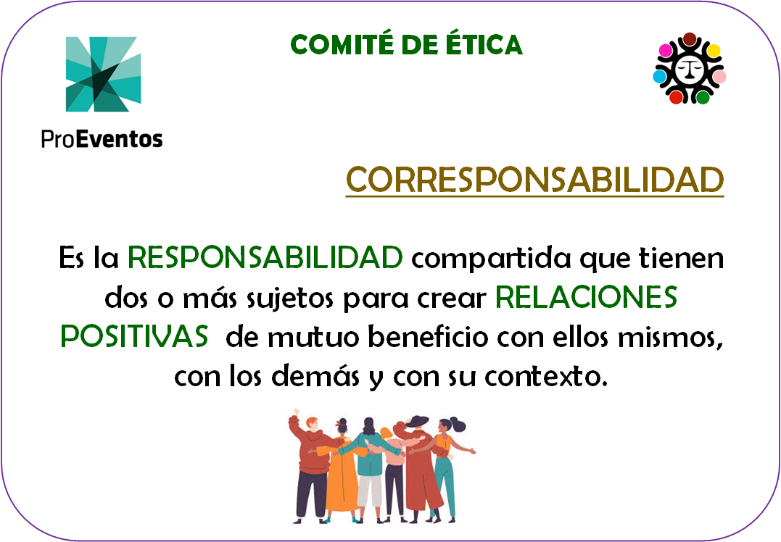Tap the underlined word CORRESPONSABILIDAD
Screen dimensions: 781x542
(535, 180)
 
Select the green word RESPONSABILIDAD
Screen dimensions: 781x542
(265, 257)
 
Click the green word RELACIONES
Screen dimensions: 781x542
(586, 296)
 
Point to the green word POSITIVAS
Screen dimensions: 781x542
(134, 336)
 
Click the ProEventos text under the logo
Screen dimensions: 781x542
(102, 139)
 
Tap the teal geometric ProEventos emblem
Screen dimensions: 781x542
(104, 74)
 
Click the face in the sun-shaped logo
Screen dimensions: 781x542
(690, 68)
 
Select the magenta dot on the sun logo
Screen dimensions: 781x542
(666, 50)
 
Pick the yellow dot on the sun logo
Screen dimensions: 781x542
(714, 50)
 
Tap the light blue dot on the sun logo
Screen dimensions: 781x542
(659, 76)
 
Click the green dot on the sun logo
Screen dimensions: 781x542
(703, 97)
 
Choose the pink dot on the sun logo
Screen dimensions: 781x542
(719, 77)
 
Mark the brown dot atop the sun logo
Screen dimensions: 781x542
(690, 39)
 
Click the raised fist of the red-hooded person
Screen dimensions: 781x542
(296, 412)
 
